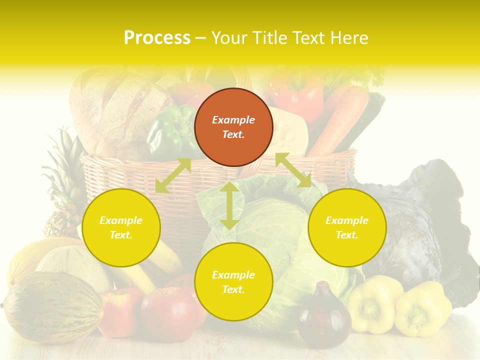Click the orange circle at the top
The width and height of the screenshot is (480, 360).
(233, 127)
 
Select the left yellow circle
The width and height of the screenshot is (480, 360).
(121, 227)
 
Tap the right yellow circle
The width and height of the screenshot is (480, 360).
(347, 227)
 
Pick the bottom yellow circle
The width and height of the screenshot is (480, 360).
(233, 282)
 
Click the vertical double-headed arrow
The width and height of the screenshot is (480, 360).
(229, 205)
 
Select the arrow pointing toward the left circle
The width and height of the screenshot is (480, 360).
(173, 175)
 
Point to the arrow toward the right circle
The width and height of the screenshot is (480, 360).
(293, 170)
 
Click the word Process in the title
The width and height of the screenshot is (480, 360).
(157, 38)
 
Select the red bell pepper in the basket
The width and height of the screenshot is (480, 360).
(297, 92)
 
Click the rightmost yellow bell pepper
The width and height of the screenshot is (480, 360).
(422, 310)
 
